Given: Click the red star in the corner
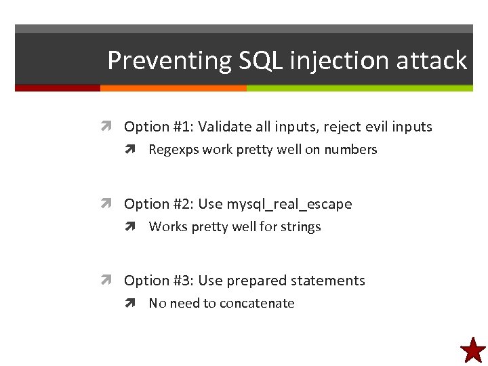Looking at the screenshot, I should click(472, 350).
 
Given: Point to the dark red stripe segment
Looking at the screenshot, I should click(58, 88).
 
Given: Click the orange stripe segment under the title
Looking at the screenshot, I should click(173, 88).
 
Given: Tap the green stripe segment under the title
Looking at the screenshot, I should click(359, 88).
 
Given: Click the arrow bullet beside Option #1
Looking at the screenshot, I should click(108, 127).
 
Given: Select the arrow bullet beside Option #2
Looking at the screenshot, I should click(108, 204).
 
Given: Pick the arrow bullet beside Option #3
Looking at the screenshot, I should click(108, 281).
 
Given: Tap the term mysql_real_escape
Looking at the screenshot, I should click(289, 204).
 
